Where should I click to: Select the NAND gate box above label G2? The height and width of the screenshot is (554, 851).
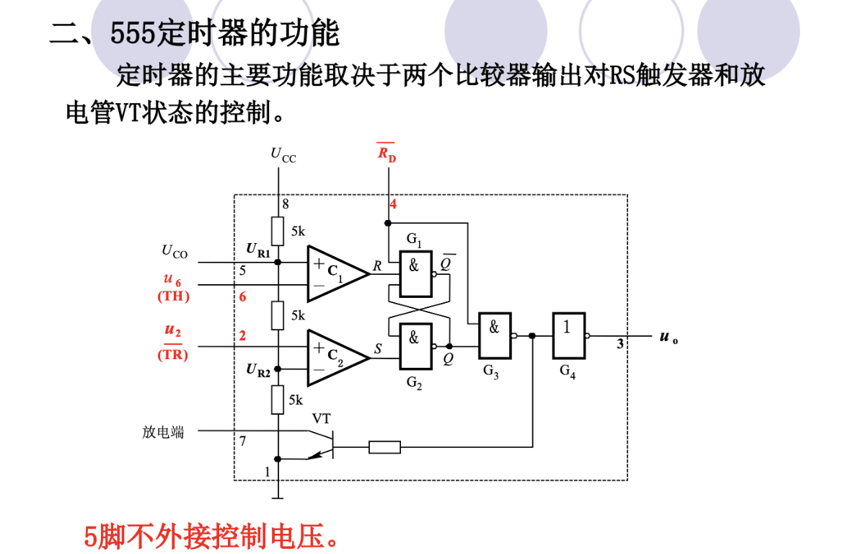[x=415, y=347]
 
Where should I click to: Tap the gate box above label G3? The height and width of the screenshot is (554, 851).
[x=495, y=335]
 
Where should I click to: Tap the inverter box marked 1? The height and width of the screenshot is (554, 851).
[x=569, y=335]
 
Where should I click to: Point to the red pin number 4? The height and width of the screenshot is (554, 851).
[x=393, y=204]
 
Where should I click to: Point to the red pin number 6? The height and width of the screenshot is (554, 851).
[x=243, y=296]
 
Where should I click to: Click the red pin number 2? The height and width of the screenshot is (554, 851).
[x=243, y=335]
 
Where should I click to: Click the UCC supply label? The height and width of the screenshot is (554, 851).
[x=283, y=154]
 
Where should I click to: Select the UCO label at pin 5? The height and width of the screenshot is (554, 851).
[x=175, y=252]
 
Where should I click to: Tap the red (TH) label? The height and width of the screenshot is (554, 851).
[x=173, y=296]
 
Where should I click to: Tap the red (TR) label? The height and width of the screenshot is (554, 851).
[x=173, y=354]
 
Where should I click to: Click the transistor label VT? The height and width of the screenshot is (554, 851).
[x=322, y=418]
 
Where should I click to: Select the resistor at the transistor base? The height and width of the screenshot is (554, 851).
[x=384, y=448]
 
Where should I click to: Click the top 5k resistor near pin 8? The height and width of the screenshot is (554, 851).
[x=278, y=231]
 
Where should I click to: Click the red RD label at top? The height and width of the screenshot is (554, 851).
[x=387, y=153]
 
